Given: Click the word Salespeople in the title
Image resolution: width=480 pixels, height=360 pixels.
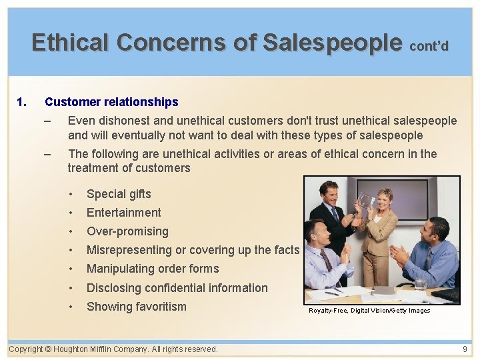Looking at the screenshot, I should click(332, 43).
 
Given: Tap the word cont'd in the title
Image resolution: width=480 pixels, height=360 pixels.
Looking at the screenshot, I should click(429, 46).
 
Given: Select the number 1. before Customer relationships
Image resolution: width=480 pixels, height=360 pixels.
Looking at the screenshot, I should click(21, 102).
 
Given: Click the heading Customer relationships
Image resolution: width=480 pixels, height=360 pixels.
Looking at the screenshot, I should click(111, 102).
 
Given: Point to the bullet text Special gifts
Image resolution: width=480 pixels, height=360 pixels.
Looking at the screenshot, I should click(119, 194).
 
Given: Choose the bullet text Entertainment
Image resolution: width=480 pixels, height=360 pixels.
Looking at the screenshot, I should click(124, 213).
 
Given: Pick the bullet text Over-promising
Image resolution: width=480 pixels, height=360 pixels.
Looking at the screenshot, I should click(127, 231).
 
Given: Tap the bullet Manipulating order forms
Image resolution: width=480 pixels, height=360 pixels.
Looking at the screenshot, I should click(153, 269).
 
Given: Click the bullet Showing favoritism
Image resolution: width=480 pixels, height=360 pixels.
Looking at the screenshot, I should click(137, 307).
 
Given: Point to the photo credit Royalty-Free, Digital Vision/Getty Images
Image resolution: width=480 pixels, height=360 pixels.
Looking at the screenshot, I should click(369, 311).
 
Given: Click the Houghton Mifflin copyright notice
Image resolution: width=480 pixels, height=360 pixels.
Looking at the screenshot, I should click(113, 349).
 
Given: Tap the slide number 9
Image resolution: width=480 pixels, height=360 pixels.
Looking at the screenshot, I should click(465, 349).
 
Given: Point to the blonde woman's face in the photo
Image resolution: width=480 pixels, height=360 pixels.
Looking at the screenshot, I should click(386, 199).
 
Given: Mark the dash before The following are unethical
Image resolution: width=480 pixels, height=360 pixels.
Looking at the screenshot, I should click(46, 154).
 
